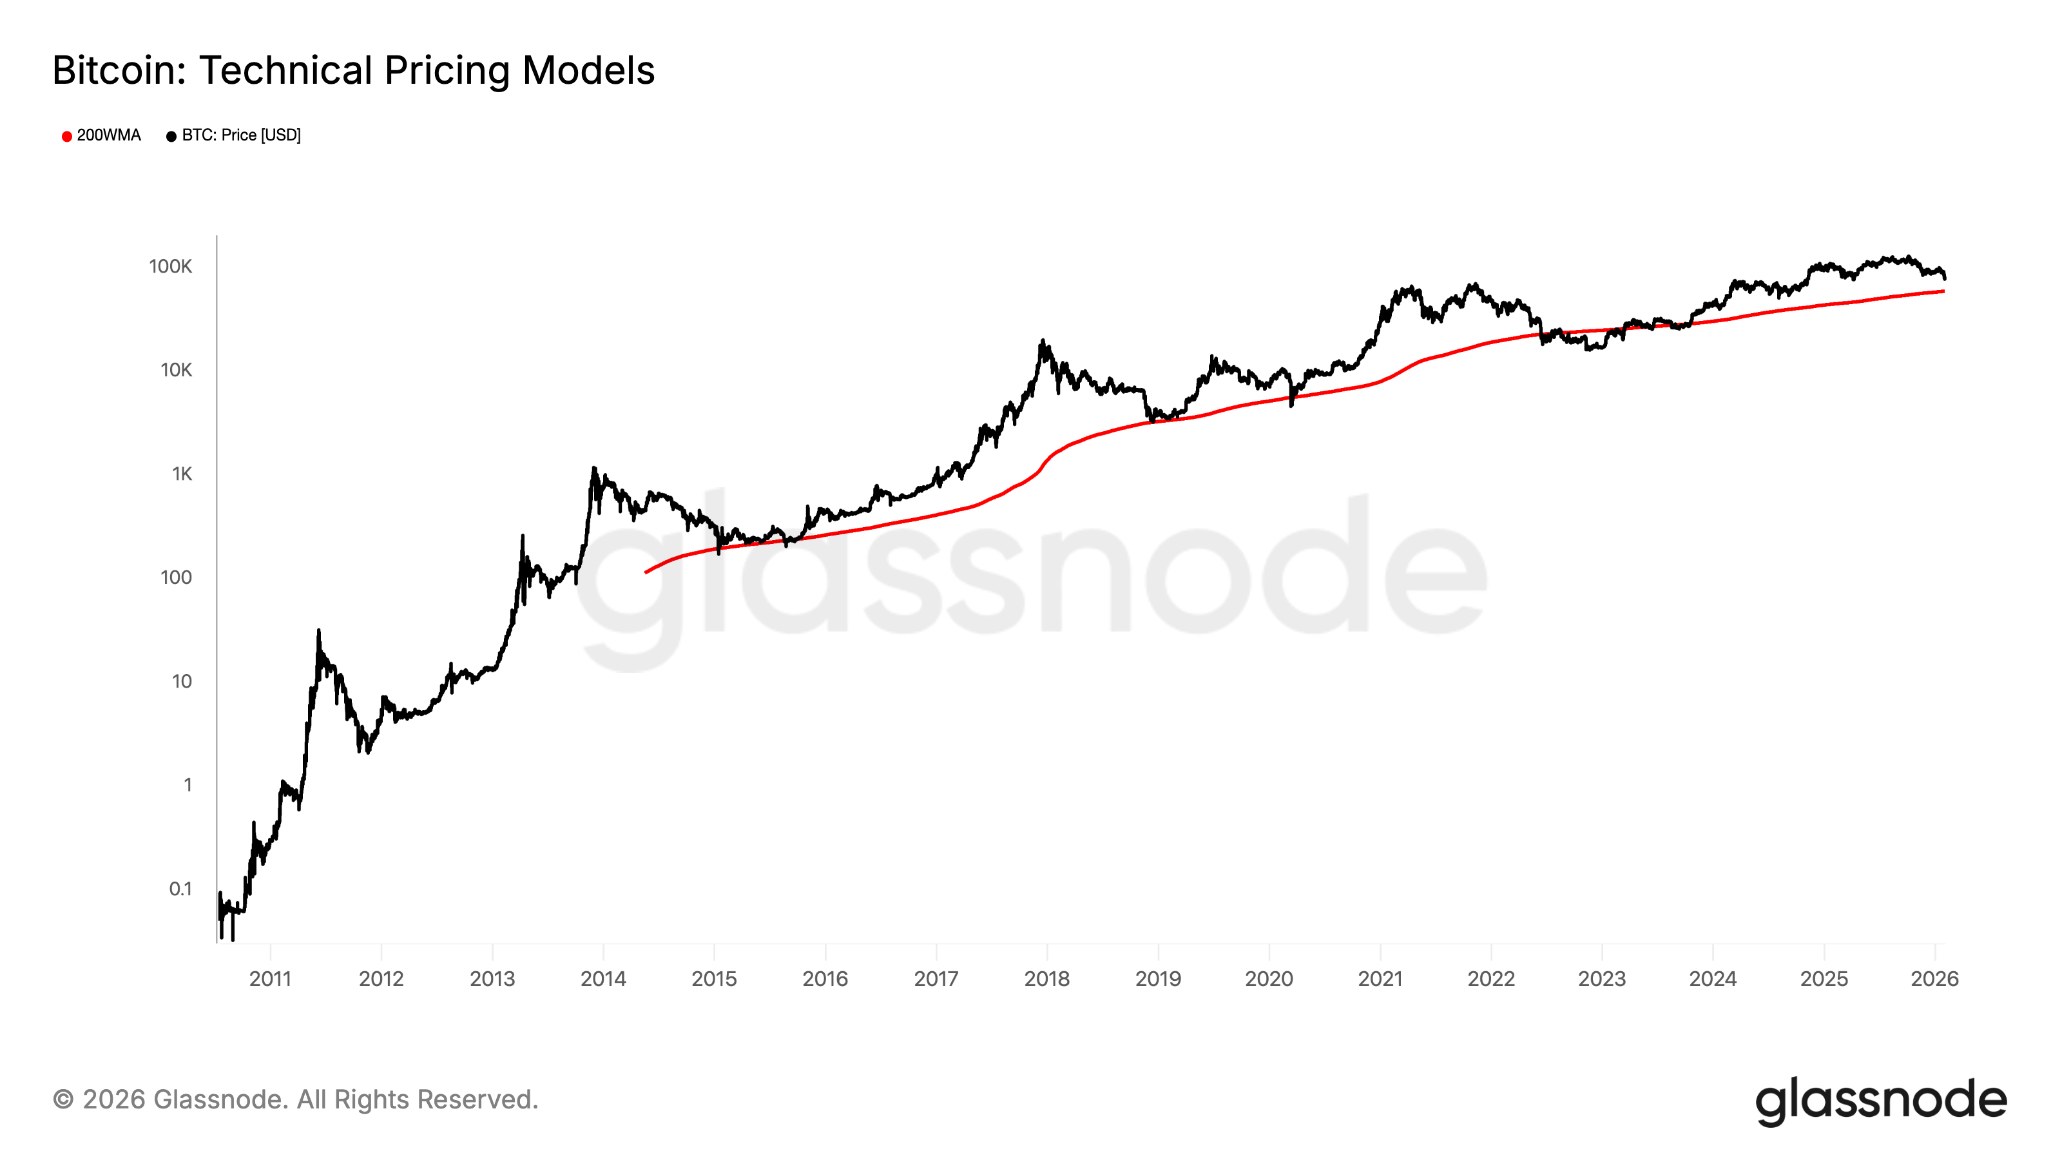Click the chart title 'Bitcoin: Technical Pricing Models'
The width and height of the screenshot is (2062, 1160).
[x=353, y=70]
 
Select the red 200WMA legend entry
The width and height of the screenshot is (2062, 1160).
[x=101, y=135]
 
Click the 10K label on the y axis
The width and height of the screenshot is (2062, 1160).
[x=175, y=370]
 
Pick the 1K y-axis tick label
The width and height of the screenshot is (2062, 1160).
[x=182, y=474]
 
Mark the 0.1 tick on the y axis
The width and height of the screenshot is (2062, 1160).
[x=180, y=889]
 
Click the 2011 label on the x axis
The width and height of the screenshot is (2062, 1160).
[x=270, y=978]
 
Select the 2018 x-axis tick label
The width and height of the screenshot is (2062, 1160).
[x=1046, y=978]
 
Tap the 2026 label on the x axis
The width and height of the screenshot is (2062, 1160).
[x=1934, y=978]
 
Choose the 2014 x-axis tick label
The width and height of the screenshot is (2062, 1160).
[x=602, y=978]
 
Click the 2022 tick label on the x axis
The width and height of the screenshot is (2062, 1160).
[x=1490, y=978]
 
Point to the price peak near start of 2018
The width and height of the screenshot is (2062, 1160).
[x=1042, y=341]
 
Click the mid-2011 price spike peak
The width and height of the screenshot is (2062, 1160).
[x=318, y=631]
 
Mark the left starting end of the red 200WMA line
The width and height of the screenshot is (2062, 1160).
[x=646, y=572]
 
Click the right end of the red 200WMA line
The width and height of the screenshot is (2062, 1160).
[x=1943, y=291]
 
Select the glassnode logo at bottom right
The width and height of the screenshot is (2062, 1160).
[x=1881, y=1101]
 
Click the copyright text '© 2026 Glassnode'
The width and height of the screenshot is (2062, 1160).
[x=294, y=1099]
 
